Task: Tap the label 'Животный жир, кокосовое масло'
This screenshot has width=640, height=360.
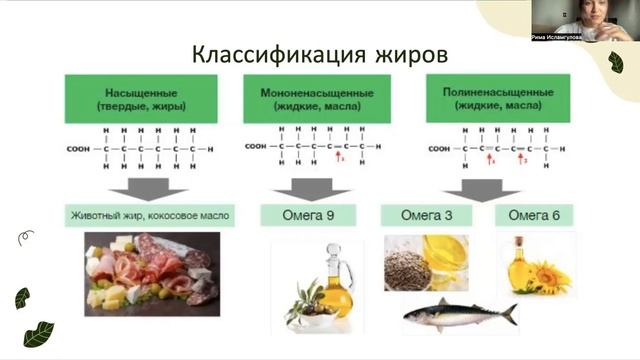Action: coord(150,214)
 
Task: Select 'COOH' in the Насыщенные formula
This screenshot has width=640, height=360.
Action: coord(78,149)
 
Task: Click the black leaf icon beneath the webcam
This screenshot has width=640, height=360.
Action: coord(615,64)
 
